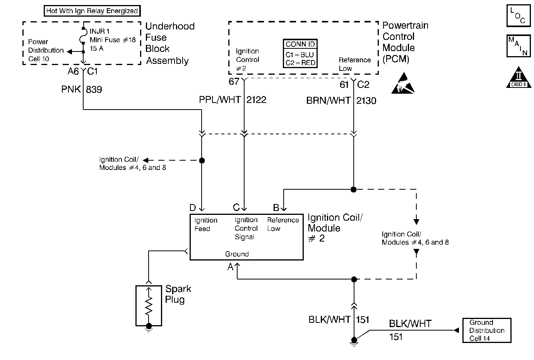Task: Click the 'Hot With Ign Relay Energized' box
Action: pos(92,11)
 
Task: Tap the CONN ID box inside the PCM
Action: pos(300,53)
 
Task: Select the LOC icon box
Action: pos(519,16)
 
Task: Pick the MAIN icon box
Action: pos(519,46)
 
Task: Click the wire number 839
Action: pos(94,89)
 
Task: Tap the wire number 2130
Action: pos(366,101)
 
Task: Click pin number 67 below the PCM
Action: pos(234,82)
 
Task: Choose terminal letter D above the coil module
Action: pos(193,208)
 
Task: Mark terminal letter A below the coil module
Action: pos(231,267)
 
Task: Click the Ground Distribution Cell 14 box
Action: pos(487,331)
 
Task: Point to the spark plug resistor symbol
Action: pos(149,305)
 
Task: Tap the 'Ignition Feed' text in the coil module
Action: pos(205,225)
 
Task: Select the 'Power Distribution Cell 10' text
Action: pos(46,50)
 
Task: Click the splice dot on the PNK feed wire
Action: pos(202,160)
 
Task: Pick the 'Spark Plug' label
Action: pos(178,294)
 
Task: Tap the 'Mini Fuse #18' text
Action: pos(113,40)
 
